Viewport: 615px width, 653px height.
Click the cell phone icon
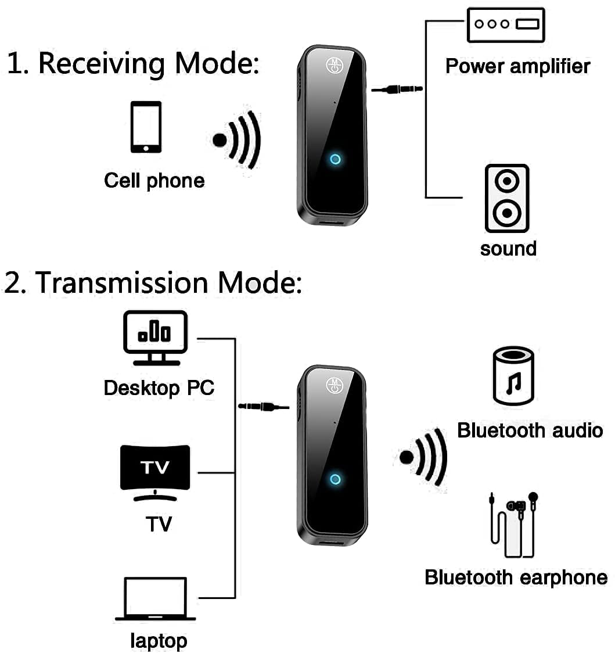click(146, 127)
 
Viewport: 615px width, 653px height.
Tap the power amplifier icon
click(505, 25)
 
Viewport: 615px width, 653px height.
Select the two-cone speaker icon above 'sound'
click(507, 198)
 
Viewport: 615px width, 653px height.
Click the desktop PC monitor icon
click(155, 338)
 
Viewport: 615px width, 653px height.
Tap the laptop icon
click(155, 599)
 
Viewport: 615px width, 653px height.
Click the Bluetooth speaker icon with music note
click(513, 376)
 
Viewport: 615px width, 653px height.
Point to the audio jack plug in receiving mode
click(397, 89)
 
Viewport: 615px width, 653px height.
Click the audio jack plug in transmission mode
click(264, 406)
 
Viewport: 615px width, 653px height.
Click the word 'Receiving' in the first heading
click(102, 63)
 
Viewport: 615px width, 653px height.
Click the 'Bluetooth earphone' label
click(516, 577)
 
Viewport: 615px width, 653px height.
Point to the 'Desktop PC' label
click(159, 388)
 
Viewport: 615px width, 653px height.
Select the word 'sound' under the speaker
click(508, 249)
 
